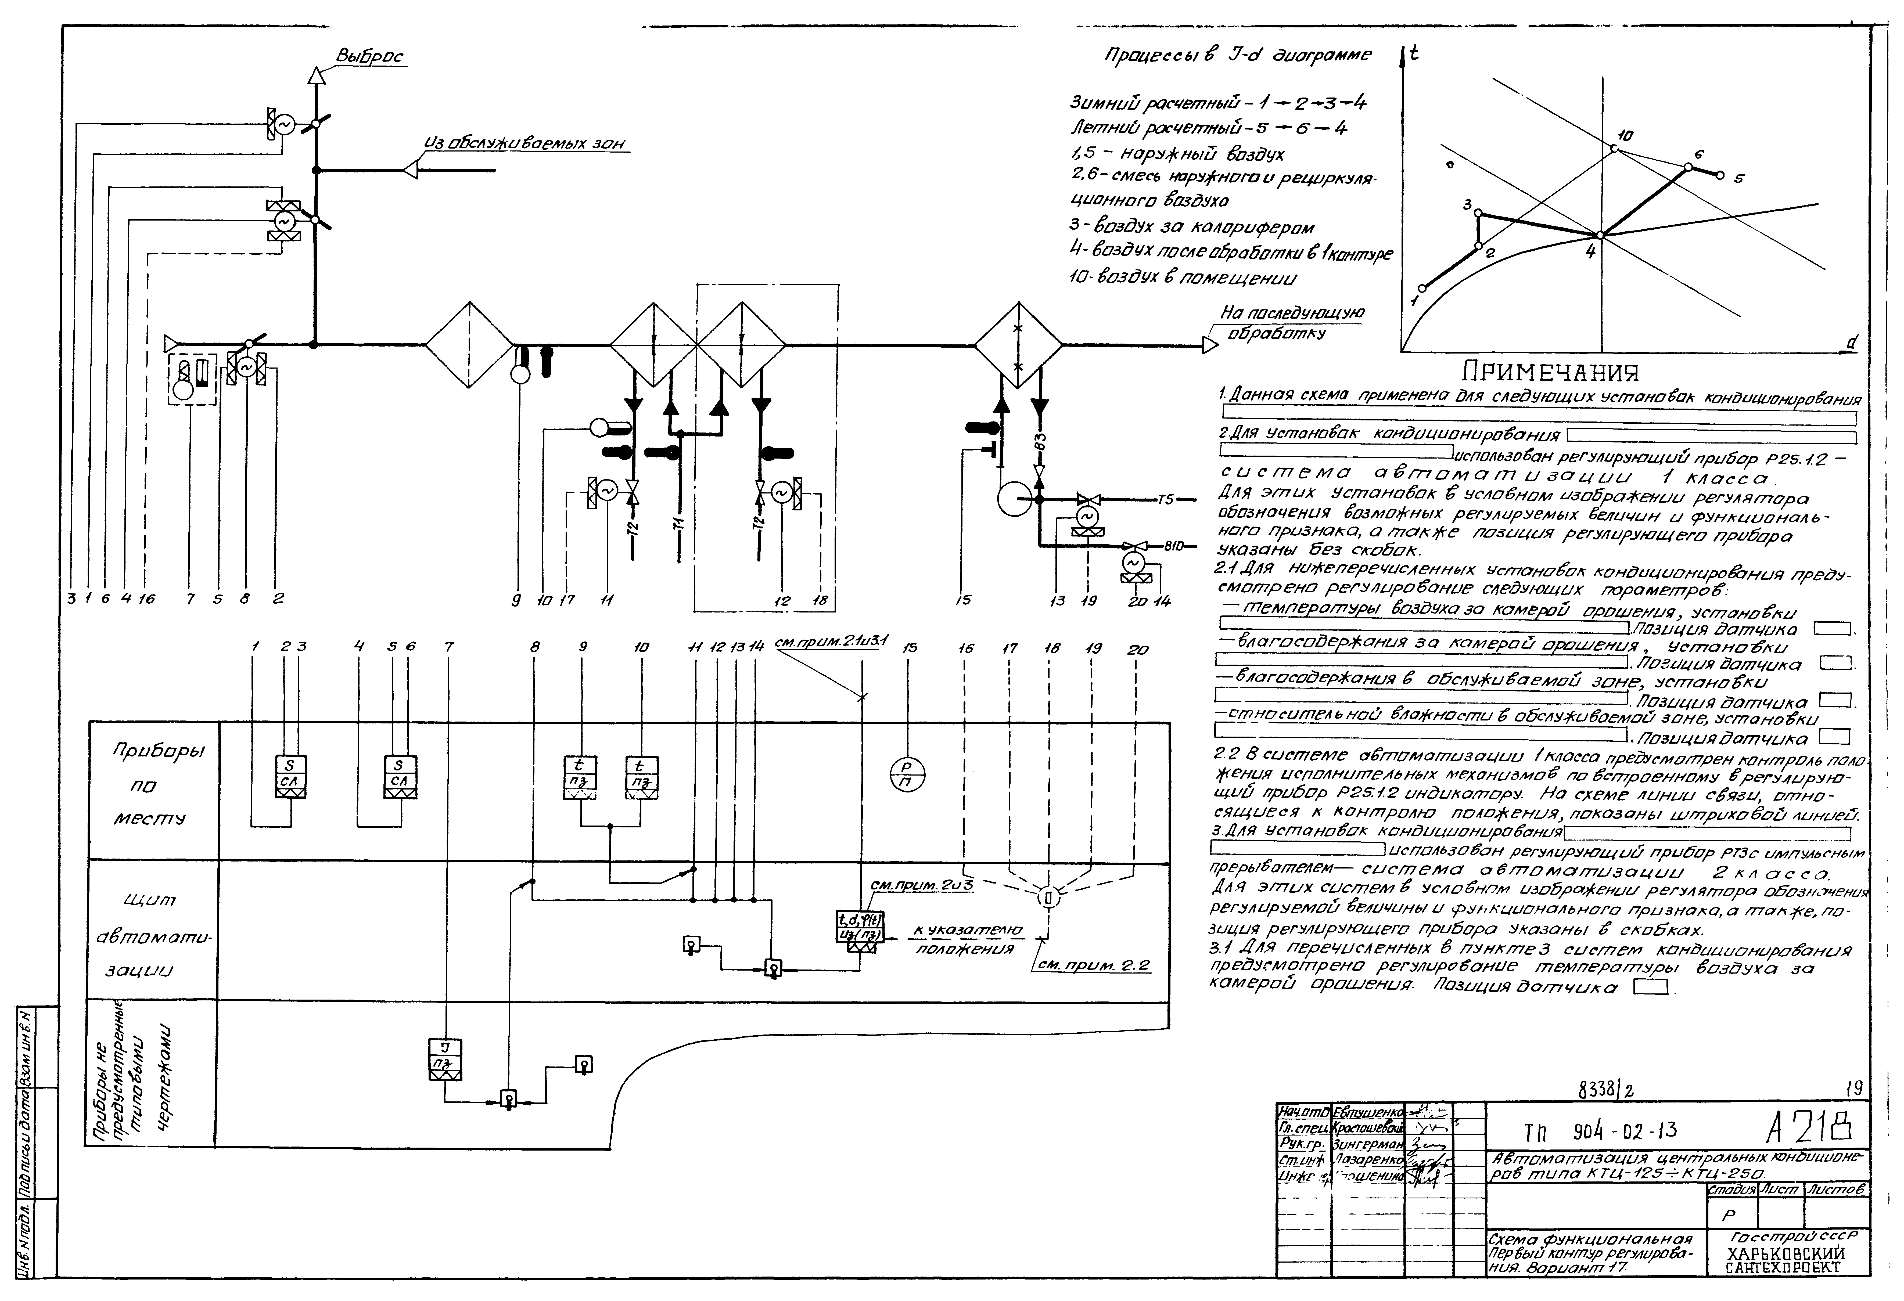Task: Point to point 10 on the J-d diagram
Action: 1613,148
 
